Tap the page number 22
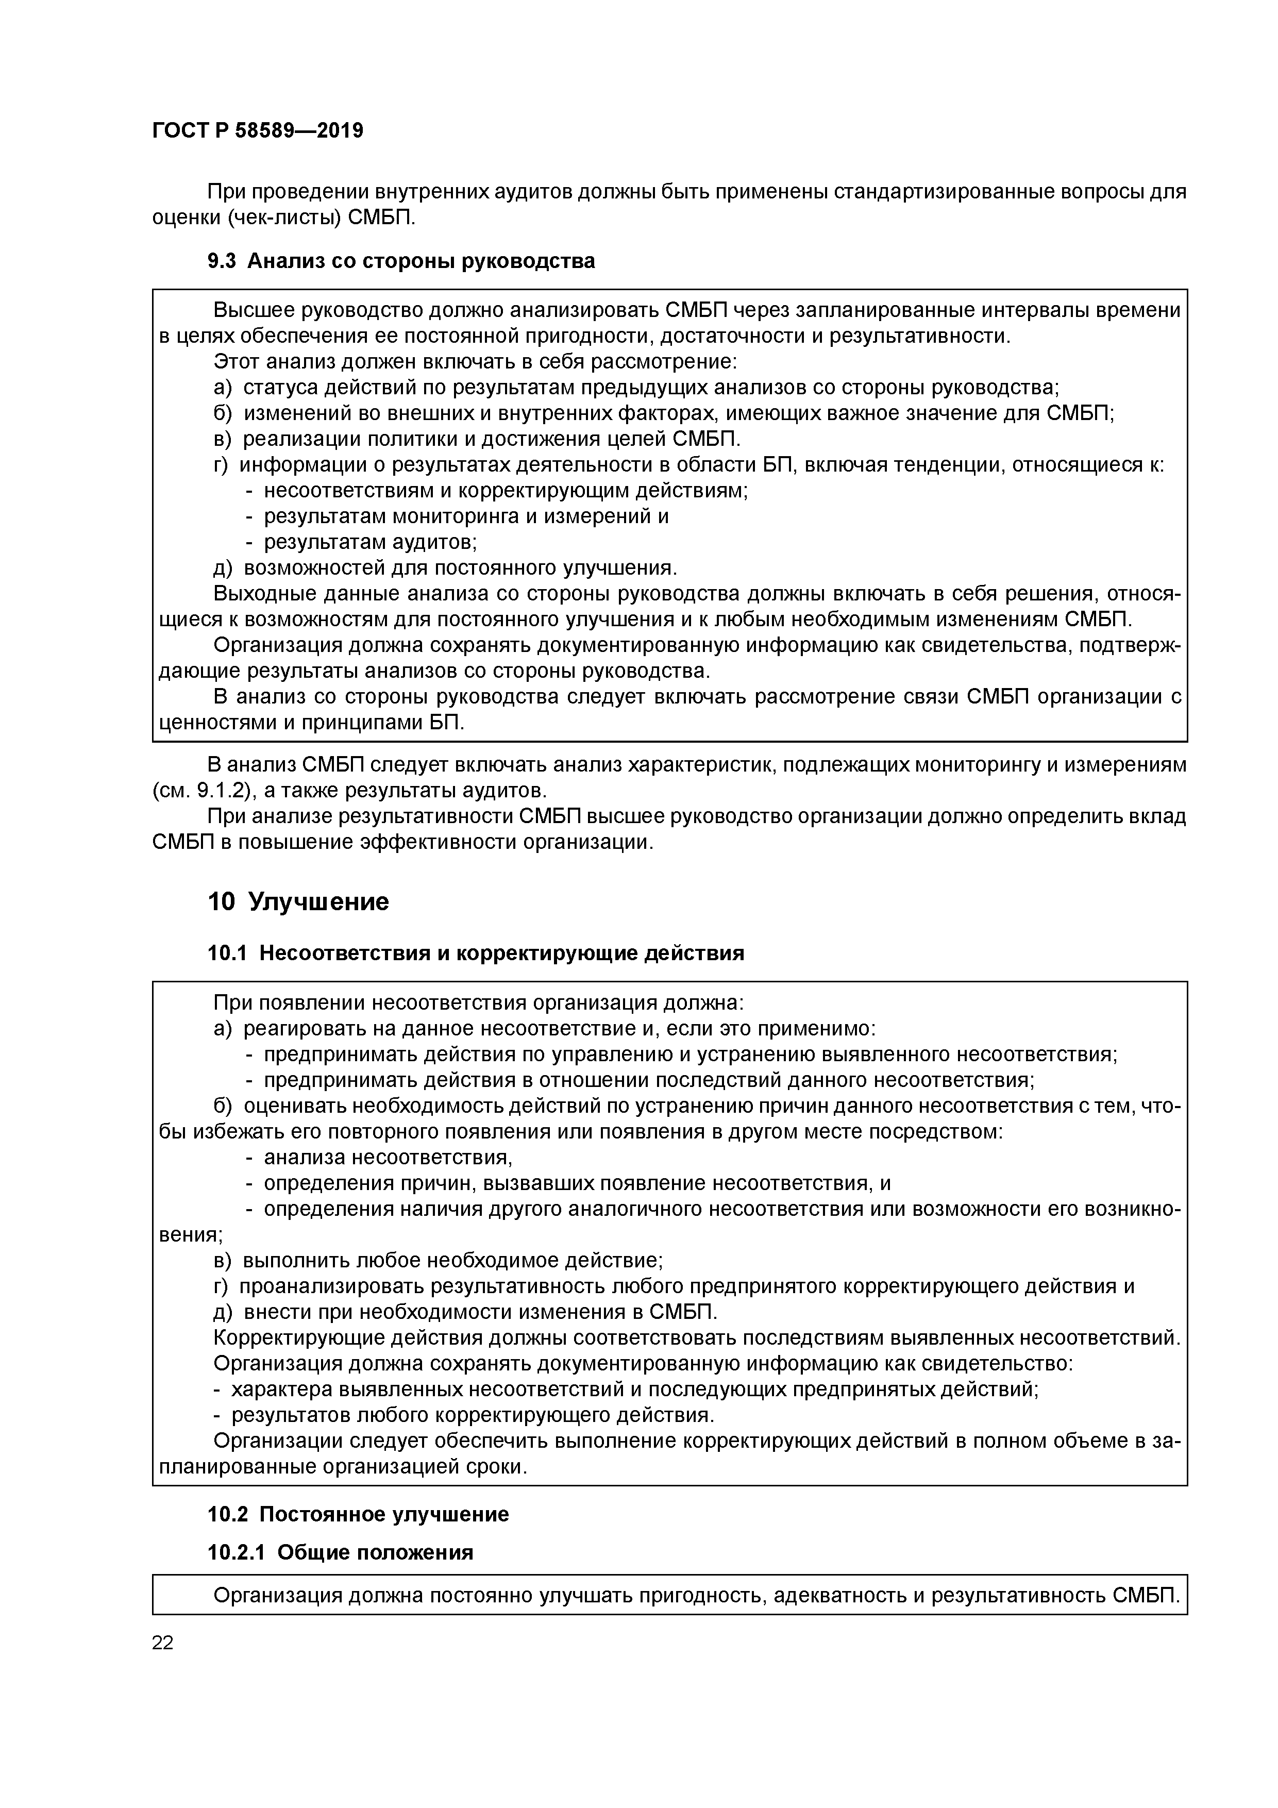pyautogui.click(x=162, y=1643)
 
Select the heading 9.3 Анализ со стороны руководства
pyautogui.click(x=401, y=261)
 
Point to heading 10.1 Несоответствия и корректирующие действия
pyautogui.click(x=476, y=953)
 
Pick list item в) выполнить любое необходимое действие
pyautogui.click(x=439, y=1261)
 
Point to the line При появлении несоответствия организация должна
pyautogui.click(x=478, y=1003)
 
